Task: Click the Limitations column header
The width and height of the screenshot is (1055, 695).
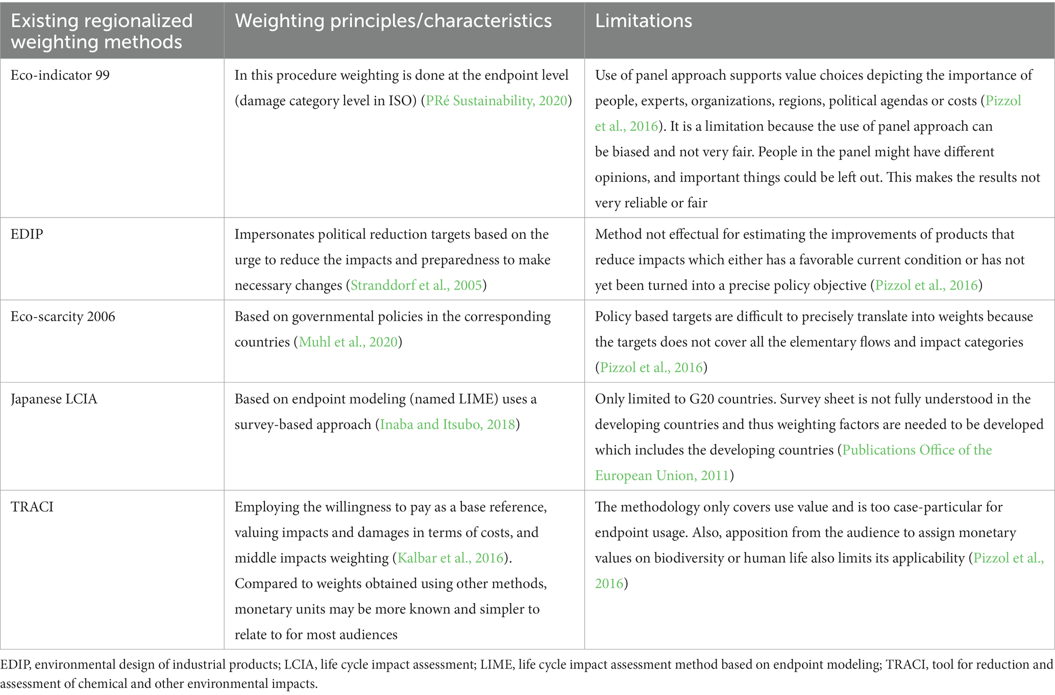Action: pyautogui.click(x=643, y=21)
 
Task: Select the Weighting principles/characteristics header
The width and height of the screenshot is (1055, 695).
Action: pyautogui.click(x=393, y=21)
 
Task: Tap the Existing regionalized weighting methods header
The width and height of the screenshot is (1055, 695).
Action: pyautogui.click(x=102, y=31)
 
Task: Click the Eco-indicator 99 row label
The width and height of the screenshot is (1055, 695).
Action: pyautogui.click(x=60, y=75)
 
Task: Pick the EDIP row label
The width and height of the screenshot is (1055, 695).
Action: pyautogui.click(x=27, y=234)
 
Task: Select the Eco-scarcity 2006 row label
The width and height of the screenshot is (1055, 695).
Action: pyautogui.click(x=63, y=317)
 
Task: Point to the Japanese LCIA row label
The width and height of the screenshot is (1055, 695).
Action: pyautogui.click(x=54, y=399)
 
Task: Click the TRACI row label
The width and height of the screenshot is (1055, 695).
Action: pyautogui.click(x=32, y=507)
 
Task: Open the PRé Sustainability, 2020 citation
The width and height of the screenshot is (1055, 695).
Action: pyautogui.click(x=497, y=101)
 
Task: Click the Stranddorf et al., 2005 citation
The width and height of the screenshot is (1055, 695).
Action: pyautogui.click(x=416, y=285)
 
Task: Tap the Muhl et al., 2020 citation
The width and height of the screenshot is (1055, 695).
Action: pyautogui.click(x=348, y=342)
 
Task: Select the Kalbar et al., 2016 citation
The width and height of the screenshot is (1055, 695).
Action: pyautogui.click(x=451, y=558)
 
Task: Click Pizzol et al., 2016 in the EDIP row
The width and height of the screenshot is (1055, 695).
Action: pyautogui.click(x=926, y=285)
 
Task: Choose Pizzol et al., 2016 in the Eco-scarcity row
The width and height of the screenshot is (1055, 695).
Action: pyautogui.click(x=651, y=367)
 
